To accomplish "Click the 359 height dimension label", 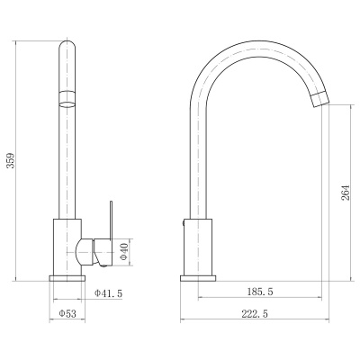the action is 11,161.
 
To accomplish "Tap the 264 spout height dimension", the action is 346,193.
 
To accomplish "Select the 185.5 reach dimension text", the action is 260,292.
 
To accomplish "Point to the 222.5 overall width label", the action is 255,314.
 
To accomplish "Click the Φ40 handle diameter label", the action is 124,251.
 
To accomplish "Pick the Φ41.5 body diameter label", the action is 108,293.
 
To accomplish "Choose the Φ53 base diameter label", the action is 67,314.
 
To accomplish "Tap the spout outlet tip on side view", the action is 320,99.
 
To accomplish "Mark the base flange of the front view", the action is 67,278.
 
